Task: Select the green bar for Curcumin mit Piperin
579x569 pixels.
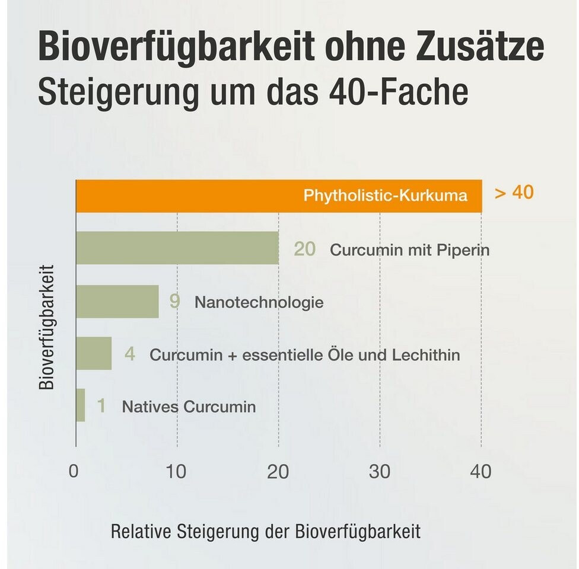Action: coord(177,248)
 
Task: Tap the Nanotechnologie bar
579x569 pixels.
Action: coord(117,301)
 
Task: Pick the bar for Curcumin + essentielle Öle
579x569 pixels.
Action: coord(94,353)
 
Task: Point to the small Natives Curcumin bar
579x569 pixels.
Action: coord(81,405)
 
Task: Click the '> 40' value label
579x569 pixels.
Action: coord(514,193)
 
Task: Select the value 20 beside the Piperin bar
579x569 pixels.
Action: coord(305,249)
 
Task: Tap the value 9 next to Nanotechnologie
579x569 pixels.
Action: coord(174,302)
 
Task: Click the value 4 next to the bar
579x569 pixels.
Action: coord(130,354)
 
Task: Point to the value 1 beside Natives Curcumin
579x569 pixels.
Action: coord(101,407)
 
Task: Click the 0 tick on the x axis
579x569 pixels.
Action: coord(74,472)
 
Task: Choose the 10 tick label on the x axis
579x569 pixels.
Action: coord(176,472)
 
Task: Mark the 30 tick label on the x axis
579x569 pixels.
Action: coord(380,472)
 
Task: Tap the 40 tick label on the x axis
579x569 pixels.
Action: coord(481,472)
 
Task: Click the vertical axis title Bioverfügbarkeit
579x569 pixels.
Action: coord(47,327)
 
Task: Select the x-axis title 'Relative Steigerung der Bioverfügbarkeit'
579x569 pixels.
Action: coord(265,531)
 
